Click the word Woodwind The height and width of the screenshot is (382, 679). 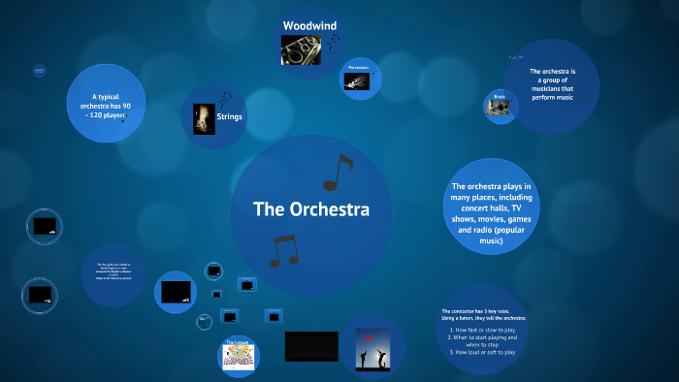point(310,24)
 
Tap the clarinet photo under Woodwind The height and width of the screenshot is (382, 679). point(302,49)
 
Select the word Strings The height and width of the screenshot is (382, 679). point(230,117)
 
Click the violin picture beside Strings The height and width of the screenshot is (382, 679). point(204,118)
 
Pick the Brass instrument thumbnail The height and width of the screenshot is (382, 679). point(501,108)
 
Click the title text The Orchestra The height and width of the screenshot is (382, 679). point(310,208)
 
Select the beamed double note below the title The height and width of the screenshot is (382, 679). point(283,251)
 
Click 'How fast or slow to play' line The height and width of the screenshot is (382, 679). point(482,329)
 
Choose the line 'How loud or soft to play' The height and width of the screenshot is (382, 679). point(482,352)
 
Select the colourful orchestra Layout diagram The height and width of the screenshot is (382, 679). point(238,357)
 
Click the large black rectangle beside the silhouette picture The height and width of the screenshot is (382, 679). point(311,346)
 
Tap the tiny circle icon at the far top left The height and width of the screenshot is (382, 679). point(40,70)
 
